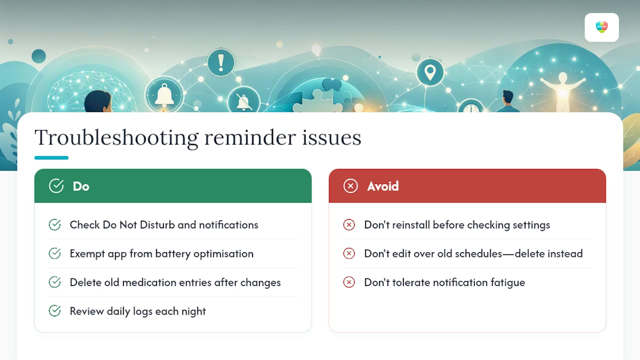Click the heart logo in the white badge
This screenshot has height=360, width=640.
tap(601, 27)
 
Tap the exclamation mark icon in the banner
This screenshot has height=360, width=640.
tap(220, 62)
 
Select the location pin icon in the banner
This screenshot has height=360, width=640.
tap(430, 72)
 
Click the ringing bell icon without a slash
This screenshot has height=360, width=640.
tap(164, 94)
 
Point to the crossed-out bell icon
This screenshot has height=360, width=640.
tap(243, 100)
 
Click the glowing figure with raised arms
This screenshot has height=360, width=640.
tap(562, 91)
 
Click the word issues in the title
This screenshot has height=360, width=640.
tap(331, 137)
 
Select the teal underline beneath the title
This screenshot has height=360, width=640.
tap(51, 157)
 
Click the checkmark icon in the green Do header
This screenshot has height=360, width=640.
tap(56, 186)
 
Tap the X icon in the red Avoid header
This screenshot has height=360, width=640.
tap(350, 186)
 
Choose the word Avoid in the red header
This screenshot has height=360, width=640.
tap(383, 186)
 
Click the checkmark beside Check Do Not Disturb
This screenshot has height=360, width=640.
tap(54, 225)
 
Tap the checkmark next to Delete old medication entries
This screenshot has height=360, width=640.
tap(54, 282)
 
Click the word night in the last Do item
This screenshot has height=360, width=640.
tap(193, 311)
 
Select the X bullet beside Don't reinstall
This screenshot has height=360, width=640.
tap(349, 225)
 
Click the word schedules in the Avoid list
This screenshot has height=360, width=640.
tap(478, 253)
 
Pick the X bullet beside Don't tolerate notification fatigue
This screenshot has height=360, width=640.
tap(349, 282)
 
